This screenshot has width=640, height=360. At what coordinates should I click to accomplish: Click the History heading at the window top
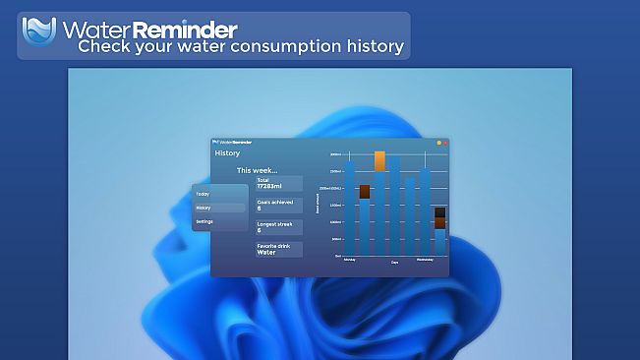227,153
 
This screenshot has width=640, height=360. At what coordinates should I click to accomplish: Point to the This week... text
257,170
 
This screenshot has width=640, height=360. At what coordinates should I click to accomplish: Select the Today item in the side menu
203,194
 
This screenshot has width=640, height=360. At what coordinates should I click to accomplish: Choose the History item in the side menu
204,208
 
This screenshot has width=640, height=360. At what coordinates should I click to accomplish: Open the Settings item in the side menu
204,221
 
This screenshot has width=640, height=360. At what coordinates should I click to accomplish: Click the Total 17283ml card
278,184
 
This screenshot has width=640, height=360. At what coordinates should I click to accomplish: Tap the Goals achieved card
278,206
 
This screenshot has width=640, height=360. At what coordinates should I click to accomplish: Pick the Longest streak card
278,227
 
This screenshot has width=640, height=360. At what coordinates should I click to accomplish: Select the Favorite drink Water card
278,249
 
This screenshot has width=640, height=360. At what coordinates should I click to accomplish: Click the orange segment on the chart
379,161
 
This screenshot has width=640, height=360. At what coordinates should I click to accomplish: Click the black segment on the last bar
440,211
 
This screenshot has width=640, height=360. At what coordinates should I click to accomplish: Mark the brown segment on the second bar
365,192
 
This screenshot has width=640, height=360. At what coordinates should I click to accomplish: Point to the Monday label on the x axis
349,261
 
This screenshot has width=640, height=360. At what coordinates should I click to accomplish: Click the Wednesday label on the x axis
425,261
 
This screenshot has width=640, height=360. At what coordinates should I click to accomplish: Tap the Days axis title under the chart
394,263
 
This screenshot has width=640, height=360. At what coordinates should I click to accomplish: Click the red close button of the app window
444,143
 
